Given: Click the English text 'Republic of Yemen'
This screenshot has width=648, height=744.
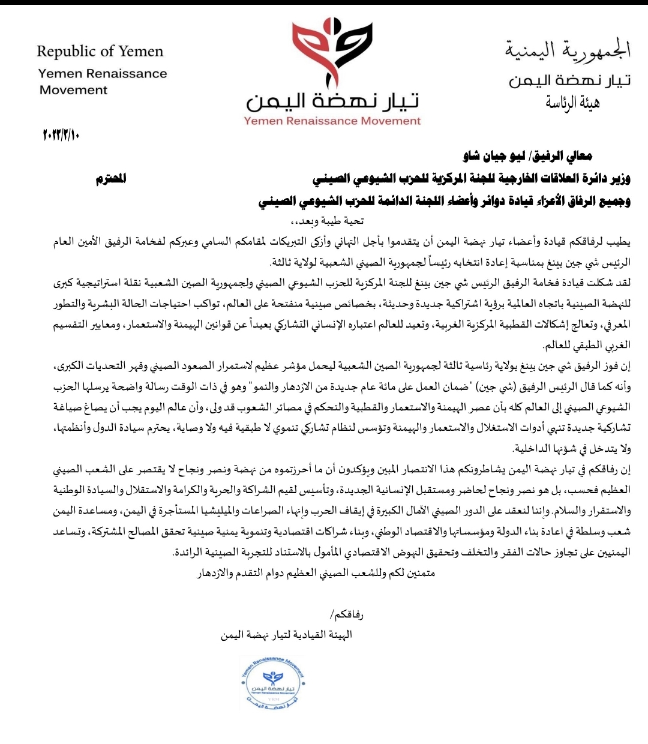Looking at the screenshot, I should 100,52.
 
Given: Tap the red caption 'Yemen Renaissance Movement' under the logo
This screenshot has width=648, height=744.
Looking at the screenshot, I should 332,121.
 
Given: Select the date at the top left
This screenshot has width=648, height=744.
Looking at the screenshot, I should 61,134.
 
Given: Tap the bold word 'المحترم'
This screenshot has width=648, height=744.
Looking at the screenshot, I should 111,179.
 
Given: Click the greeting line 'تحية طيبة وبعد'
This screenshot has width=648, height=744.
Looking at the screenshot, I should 332,221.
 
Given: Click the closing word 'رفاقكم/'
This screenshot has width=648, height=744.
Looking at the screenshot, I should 347,615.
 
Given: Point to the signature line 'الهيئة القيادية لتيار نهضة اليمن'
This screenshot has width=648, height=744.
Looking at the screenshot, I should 286,635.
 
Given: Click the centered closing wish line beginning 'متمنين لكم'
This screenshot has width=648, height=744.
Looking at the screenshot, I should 316,573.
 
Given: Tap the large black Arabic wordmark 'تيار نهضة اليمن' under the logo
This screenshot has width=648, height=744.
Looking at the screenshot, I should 332,101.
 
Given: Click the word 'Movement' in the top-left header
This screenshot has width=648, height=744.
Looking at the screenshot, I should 74,90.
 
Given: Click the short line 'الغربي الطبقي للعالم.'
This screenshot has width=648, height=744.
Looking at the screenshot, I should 587,346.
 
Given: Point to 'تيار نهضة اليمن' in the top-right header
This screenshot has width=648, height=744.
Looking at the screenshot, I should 569,80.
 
